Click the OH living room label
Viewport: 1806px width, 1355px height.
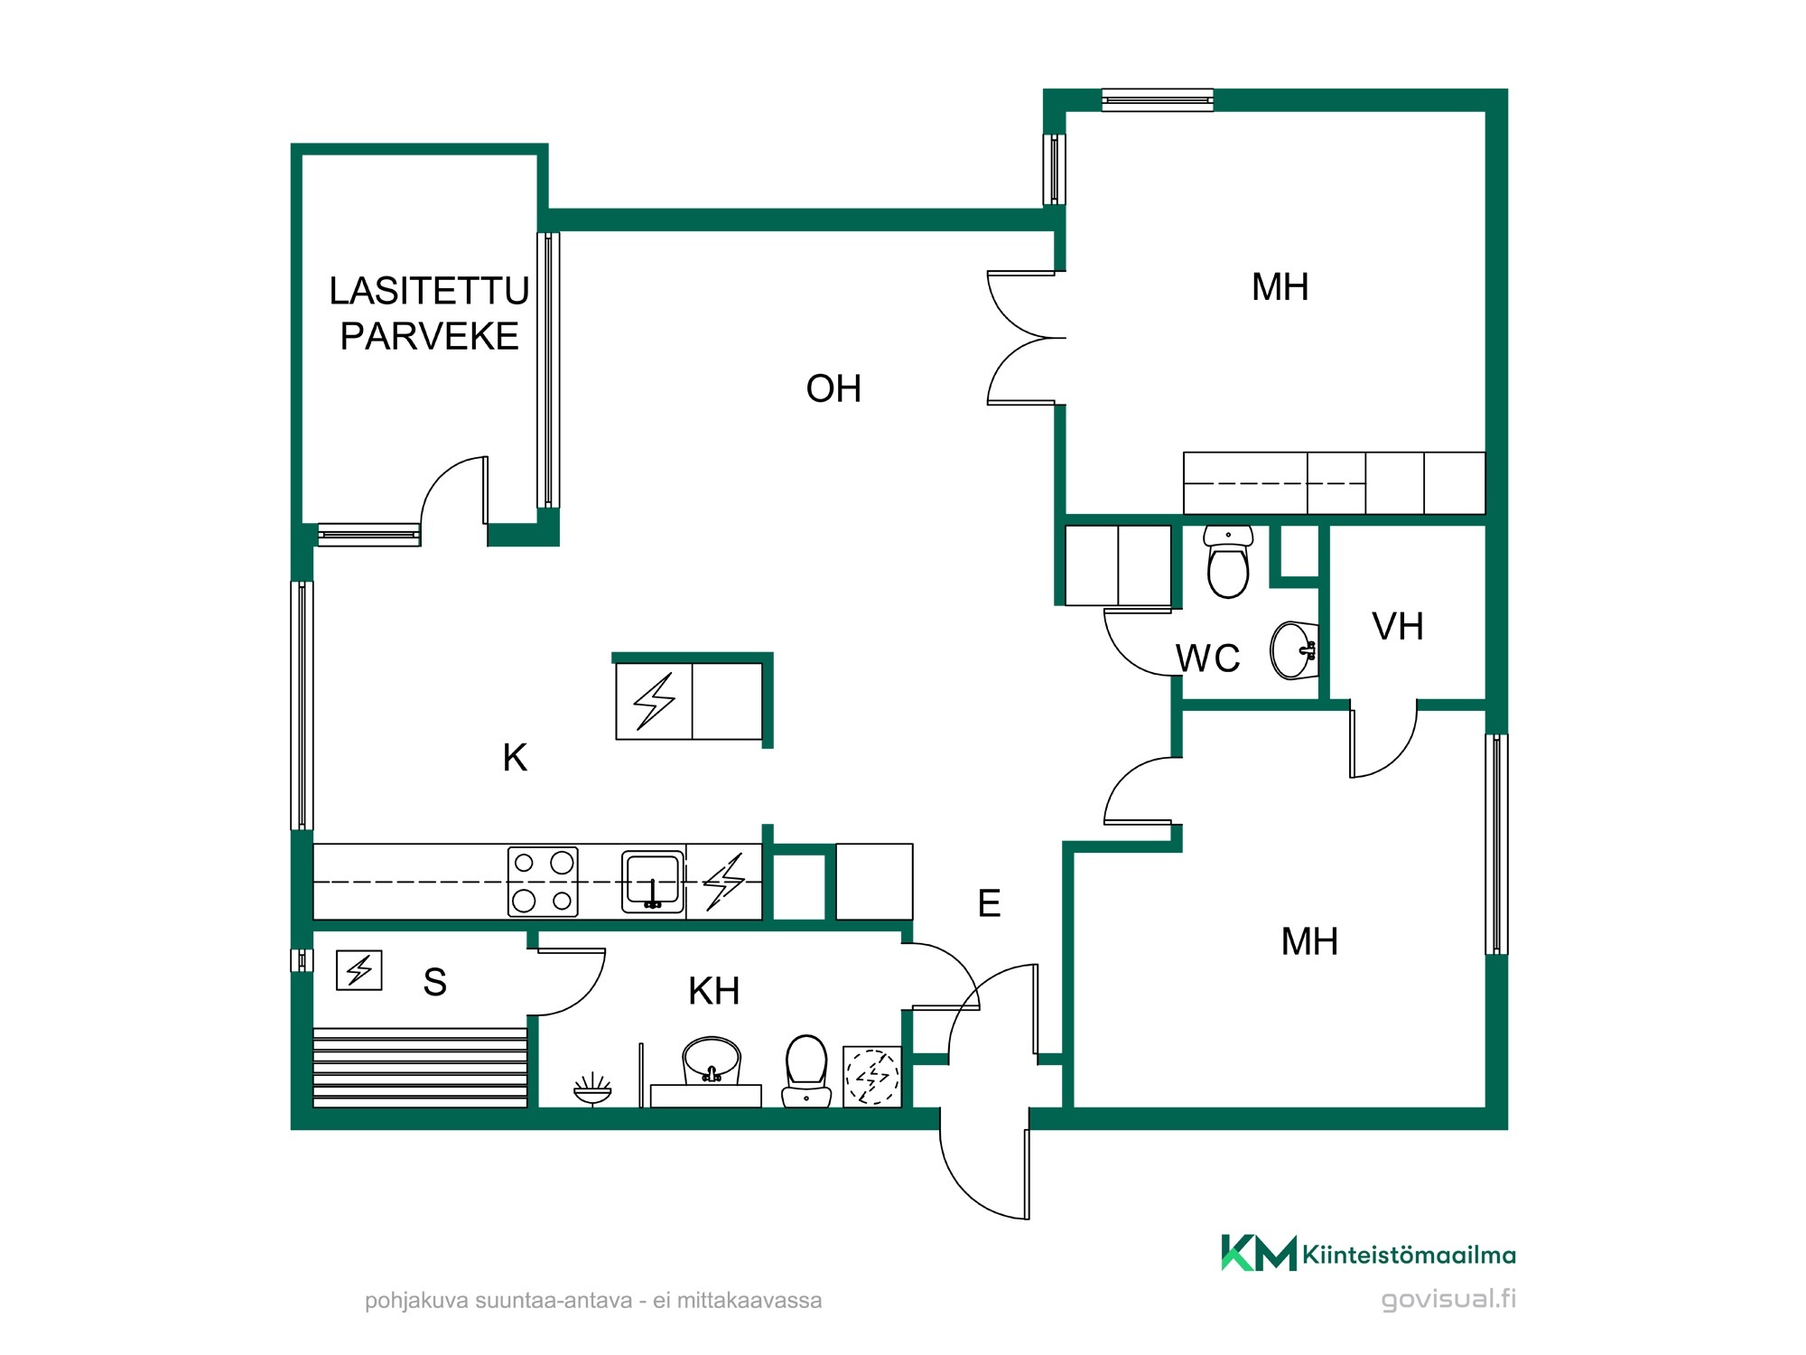833,389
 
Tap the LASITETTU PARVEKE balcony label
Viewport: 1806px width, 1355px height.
429,313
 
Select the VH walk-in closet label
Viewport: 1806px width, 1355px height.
1398,627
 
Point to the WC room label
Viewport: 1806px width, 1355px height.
1207,659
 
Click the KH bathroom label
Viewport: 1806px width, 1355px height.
713,992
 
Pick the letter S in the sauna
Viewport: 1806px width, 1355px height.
434,982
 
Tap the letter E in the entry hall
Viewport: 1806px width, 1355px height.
989,903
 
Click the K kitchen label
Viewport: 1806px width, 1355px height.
515,758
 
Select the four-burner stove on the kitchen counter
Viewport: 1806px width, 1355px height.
543,881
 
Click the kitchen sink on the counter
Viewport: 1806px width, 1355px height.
652,881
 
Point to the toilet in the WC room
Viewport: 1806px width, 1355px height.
1228,562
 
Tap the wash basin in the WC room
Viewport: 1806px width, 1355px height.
1294,649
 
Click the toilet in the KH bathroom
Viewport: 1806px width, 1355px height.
806,1071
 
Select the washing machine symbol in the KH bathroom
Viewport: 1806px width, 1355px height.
872,1076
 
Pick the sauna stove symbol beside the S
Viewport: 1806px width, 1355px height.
359,970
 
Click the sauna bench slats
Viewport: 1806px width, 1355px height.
420,1068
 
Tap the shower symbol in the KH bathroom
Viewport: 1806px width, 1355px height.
592,1089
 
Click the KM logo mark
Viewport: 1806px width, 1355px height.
1259,1253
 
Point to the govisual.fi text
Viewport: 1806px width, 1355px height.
1448,1299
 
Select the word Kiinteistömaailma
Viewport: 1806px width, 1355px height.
1409,1255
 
